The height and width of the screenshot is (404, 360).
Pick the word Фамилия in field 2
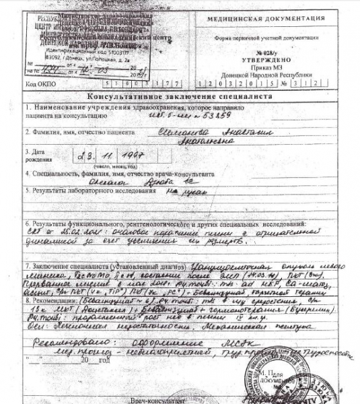(47, 132)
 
